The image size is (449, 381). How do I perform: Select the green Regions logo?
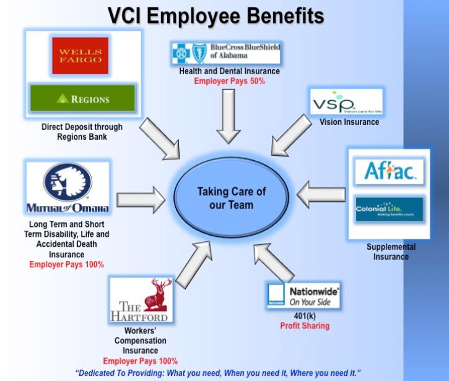[82, 98]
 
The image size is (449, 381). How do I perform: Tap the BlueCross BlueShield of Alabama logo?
[225, 54]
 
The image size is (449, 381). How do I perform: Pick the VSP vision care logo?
[346, 102]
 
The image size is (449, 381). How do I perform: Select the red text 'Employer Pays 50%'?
[229, 81]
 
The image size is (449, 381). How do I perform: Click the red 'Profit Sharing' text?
[304, 326]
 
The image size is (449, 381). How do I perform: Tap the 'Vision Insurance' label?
[349, 122]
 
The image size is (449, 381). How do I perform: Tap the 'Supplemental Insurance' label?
[391, 252]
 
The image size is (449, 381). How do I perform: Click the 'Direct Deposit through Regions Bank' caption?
[82, 131]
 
